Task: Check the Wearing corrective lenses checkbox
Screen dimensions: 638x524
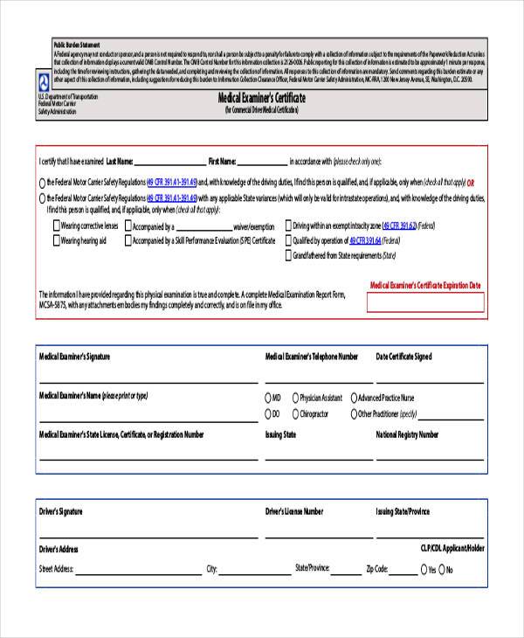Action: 56,225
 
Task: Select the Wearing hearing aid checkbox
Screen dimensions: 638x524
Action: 56,239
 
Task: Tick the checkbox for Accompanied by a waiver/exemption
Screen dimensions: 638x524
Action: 128,225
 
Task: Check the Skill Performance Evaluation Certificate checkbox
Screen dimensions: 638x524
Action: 128,239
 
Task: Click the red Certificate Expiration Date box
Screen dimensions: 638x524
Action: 424,303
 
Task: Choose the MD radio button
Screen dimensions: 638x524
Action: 267,397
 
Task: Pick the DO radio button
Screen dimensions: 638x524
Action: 267,413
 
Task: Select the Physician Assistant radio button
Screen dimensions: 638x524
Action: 294,397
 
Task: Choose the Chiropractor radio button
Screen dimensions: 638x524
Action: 294,413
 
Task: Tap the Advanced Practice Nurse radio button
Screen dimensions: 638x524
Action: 354,397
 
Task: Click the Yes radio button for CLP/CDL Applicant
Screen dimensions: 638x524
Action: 423,569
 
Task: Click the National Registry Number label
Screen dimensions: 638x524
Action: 407,433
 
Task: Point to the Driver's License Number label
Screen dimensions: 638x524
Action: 293,511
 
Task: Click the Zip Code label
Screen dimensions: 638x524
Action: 376,568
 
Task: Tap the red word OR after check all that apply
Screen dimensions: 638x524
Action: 471,182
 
